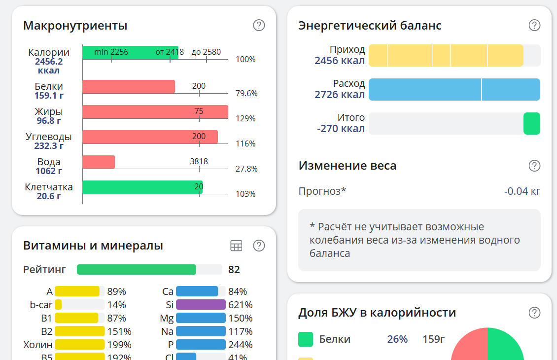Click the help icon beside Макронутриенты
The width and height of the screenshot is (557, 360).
[x=259, y=25]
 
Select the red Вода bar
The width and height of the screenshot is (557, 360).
[x=99, y=162]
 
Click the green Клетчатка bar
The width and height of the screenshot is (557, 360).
[x=142, y=187]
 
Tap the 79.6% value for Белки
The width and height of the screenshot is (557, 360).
[x=246, y=93]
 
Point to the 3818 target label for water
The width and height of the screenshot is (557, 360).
[x=199, y=161]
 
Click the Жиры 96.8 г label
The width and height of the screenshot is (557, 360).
[x=48, y=116]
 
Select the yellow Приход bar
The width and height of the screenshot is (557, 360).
[x=446, y=55]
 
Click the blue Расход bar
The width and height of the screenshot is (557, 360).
[x=454, y=89]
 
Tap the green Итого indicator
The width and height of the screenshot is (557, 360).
[x=531, y=123]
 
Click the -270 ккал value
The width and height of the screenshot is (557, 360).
[x=341, y=129]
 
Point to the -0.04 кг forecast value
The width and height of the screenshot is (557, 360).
[x=522, y=191]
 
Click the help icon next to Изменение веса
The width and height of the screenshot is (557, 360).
[x=534, y=166]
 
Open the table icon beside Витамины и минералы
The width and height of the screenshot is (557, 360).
[x=236, y=246]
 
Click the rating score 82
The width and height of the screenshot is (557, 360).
[x=234, y=269]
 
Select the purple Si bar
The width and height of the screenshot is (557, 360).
[x=201, y=305]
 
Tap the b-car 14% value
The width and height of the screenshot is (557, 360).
[x=116, y=305]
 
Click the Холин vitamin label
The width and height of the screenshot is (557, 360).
[x=38, y=345]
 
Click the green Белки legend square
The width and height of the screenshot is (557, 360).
[x=306, y=339]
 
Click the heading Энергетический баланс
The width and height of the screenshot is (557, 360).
[x=370, y=26]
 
